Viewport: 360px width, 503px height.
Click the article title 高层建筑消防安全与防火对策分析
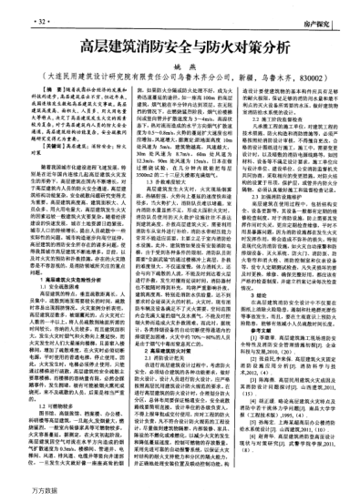click(180, 44)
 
